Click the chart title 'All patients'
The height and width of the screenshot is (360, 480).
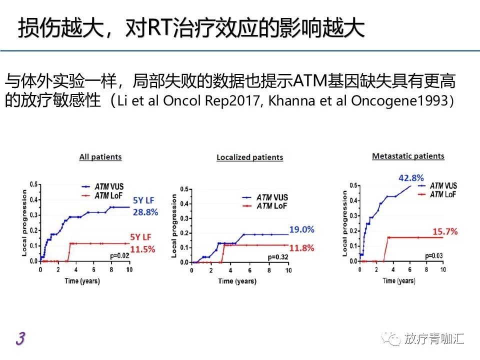pyautogui.click(x=100, y=157)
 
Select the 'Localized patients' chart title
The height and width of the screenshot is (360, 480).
pyautogui.click(x=249, y=157)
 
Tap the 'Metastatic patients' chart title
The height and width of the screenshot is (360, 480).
pyautogui.click(x=408, y=156)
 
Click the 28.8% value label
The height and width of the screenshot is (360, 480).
pyautogui.click(x=145, y=212)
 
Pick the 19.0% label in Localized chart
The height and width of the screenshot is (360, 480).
pyautogui.click(x=301, y=230)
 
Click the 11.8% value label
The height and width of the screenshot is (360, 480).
pyautogui.click(x=301, y=247)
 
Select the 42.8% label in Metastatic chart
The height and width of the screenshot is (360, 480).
pyautogui.click(x=411, y=177)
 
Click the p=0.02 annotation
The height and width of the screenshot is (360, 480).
pyautogui.click(x=119, y=255)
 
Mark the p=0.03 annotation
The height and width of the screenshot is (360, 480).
pyautogui.click(x=433, y=255)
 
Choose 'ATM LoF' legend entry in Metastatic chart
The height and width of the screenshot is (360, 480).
pyautogui.click(x=443, y=194)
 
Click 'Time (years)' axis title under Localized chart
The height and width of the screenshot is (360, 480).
pyautogui.click(x=237, y=281)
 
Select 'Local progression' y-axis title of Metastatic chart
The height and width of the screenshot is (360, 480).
pyautogui.click(x=344, y=222)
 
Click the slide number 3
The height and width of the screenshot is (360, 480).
pyautogui.click(x=20, y=338)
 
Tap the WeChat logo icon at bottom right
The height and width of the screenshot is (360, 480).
pyautogui.click(x=391, y=338)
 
